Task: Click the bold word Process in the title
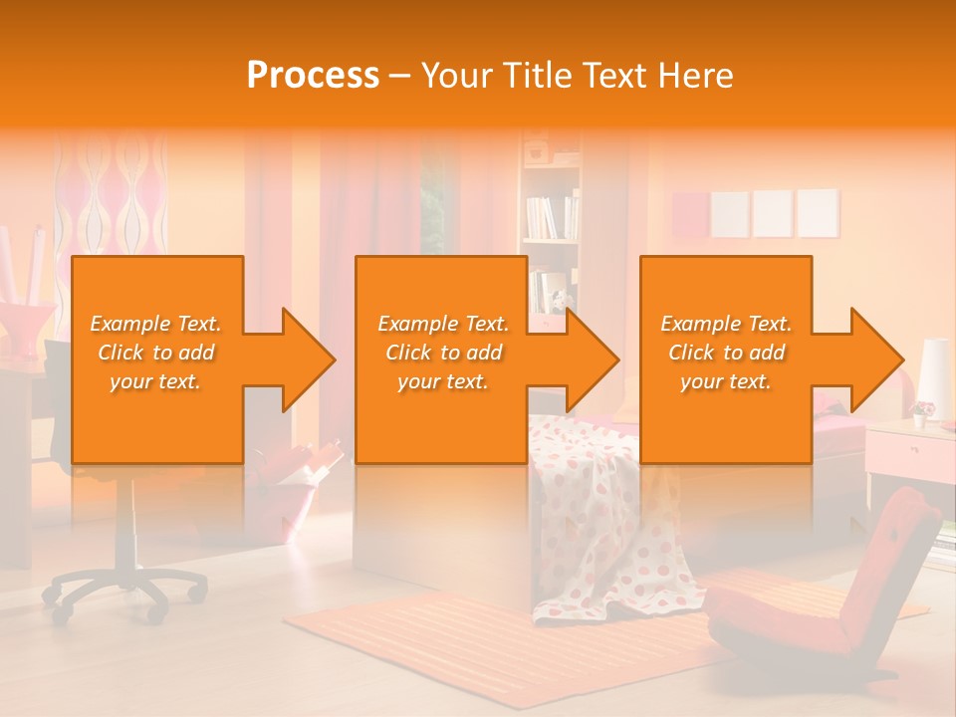[313, 76]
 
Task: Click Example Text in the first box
[155, 324]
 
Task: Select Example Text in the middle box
[443, 324]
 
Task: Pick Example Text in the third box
[726, 324]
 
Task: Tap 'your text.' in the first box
[155, 381]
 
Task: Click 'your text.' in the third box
[726, 381]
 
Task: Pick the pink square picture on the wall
[690, 214]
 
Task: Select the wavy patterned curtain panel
[110, 199]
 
